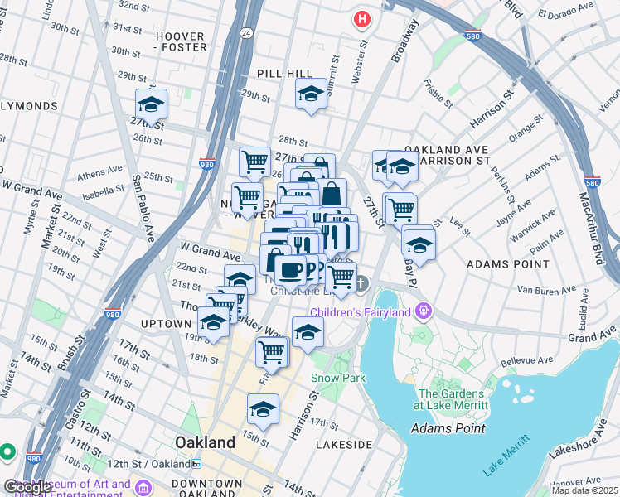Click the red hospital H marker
coord(361,18)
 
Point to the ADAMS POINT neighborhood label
coord(508,263)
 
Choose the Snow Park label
coord(338,378)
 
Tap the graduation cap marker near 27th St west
coord(151,104)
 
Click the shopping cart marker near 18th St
coord(272,351)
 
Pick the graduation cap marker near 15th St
coord(263,408)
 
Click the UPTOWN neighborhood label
coord(167,323)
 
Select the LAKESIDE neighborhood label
coord(344,445)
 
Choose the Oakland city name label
coord(205,442)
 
